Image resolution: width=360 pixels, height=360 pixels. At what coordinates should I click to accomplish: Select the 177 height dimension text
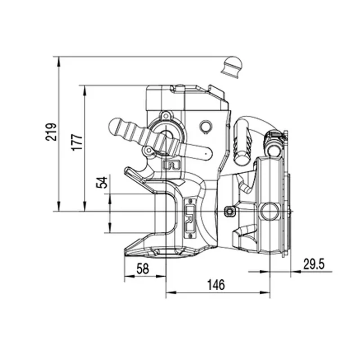tap(78, 142)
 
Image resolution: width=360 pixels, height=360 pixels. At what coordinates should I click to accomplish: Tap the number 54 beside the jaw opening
tap(103, 182)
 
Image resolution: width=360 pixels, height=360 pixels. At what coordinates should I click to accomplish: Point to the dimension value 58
tap(143, 269)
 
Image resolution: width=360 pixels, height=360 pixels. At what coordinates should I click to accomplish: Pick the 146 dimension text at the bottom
tap(216, 284)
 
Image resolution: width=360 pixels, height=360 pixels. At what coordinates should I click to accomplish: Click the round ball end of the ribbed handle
tap(115, 127)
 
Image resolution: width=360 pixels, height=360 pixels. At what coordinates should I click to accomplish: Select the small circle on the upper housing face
tap(207, 126)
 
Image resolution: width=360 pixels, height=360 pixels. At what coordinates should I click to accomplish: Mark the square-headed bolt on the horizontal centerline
tap(229, 211)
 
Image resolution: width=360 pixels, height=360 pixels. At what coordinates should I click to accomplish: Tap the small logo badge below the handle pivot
tap(171, 165)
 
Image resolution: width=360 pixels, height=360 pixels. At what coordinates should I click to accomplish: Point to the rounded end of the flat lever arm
tap(207, 154)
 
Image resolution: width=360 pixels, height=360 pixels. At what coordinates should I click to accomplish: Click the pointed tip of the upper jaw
tap(127, 170)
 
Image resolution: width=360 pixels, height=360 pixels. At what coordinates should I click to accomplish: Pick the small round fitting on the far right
tap(273, 145)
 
